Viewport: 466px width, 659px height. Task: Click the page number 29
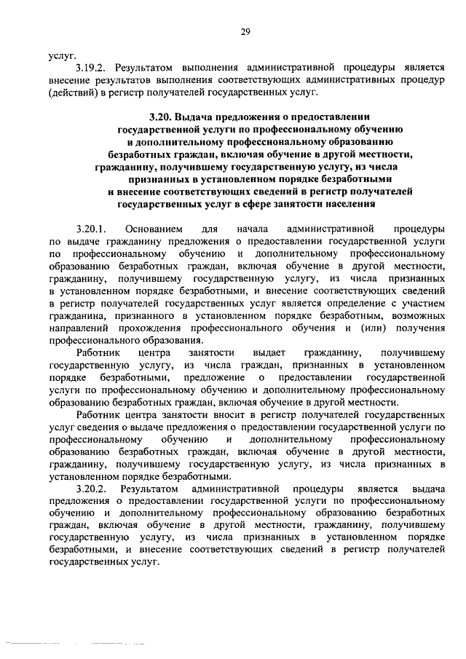(x=245, y=31)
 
